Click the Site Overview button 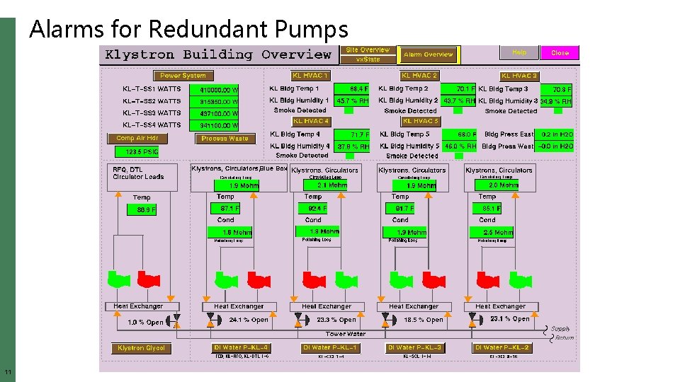click(x=368, y=50)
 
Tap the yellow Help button click(x=519, y=53)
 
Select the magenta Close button click(x=560, y=53)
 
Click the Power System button click(x=183, y=76)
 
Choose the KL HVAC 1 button click(x=310, y=76)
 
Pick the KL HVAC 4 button click(x=311, y=121)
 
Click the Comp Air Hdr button click(x=137, y=139)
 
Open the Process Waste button click(x=225, y=139)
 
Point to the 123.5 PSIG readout click(x=137, y=152)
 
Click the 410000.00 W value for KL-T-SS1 click(x=218, y=91)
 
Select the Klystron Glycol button click(x=141, y=348)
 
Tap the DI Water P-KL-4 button click(x=241, y=348)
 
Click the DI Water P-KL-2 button click(x=502, y=348)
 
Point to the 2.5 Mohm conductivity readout click(x=497, y=232)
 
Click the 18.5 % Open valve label click(x=423, y=320)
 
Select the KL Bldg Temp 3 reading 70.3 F click(x=557, y=90)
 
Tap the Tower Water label click(x=346, y=334)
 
